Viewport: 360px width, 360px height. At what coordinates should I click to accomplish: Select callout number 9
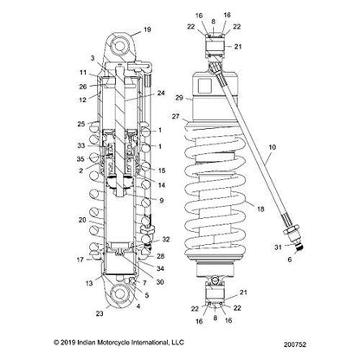click(161, 201)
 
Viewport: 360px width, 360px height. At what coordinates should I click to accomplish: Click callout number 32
click(165, 239)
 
